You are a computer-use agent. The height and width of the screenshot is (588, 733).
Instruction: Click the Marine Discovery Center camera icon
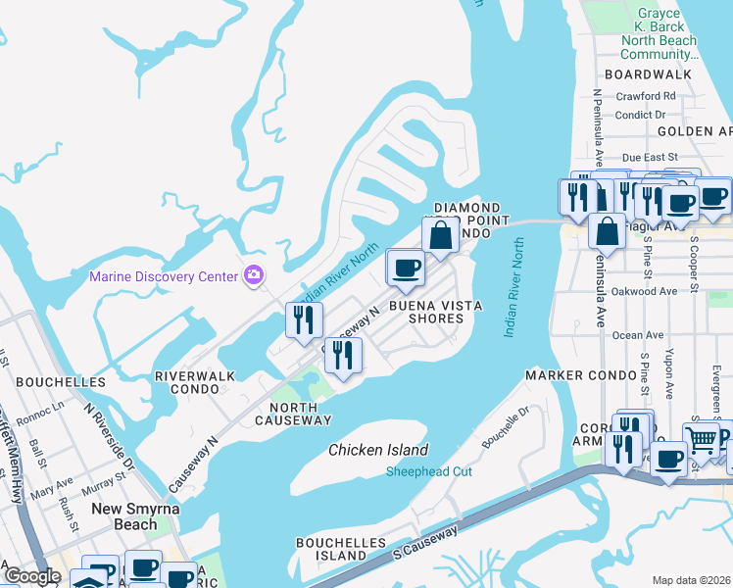(255, 275)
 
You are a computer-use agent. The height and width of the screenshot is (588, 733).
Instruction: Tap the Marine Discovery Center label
(164, 276)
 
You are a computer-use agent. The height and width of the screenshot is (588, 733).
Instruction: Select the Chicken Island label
(378, 450)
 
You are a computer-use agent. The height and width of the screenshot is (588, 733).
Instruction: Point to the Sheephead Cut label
(429, 471)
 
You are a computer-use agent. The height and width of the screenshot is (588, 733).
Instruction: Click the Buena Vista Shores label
(436, 312)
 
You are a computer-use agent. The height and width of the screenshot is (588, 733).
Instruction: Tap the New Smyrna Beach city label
(137, 516)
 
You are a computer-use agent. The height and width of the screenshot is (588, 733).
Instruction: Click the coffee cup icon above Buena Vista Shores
(407, 268)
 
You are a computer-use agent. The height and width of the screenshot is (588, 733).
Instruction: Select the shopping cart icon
(702, 440)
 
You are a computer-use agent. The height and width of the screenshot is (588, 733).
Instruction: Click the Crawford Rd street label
(646, 96)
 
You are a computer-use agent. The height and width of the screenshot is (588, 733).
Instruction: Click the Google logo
(32, 577)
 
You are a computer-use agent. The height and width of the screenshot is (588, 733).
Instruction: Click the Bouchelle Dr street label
(504, 429)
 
